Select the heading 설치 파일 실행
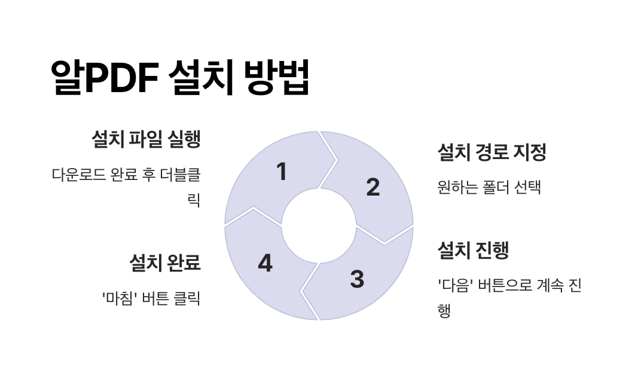145,139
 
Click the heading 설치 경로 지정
492,152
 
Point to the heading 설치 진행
473,250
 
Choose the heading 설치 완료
164,263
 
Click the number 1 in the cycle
282,172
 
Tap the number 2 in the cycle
373,188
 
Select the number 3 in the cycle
357,279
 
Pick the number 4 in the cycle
265,264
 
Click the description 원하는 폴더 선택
489,187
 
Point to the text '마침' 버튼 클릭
151,298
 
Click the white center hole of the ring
319,226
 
